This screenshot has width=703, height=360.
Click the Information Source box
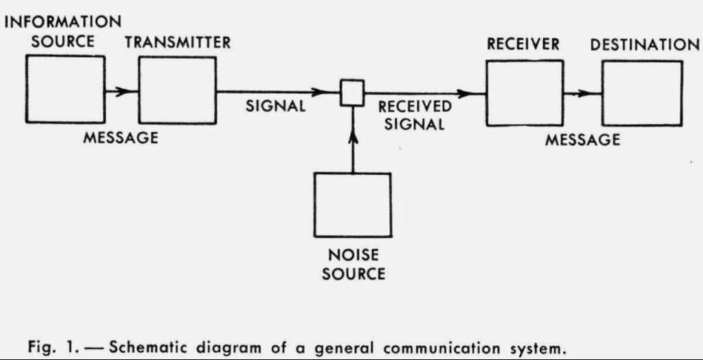click(x=65, y=89)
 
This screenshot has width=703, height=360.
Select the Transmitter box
click(x=177, y=91)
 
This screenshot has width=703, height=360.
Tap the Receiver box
click(x=524, y=93)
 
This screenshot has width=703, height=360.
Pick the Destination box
click(x=642, y=93)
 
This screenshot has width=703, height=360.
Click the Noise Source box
click(x=353, y=204)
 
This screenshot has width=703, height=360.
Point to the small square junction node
click(x=353, y=92)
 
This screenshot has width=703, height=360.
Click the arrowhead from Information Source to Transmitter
click(x=123, y=91)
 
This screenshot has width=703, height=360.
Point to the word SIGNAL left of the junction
click(x=276, y=107)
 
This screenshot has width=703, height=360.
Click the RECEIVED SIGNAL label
click(x=414, y=115)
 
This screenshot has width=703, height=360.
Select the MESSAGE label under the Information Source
click(x=121, y=137)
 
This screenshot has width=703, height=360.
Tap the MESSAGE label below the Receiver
click(x=583, y=140)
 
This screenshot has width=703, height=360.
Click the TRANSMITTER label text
click(x=178, y=43)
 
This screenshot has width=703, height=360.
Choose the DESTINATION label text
click(x=645, y=45)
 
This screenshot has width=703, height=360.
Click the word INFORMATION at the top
click(x=63, y=23)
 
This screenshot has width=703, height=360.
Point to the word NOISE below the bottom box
click(x=353, y=255)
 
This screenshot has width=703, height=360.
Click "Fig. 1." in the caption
click(x=55, y=348)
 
